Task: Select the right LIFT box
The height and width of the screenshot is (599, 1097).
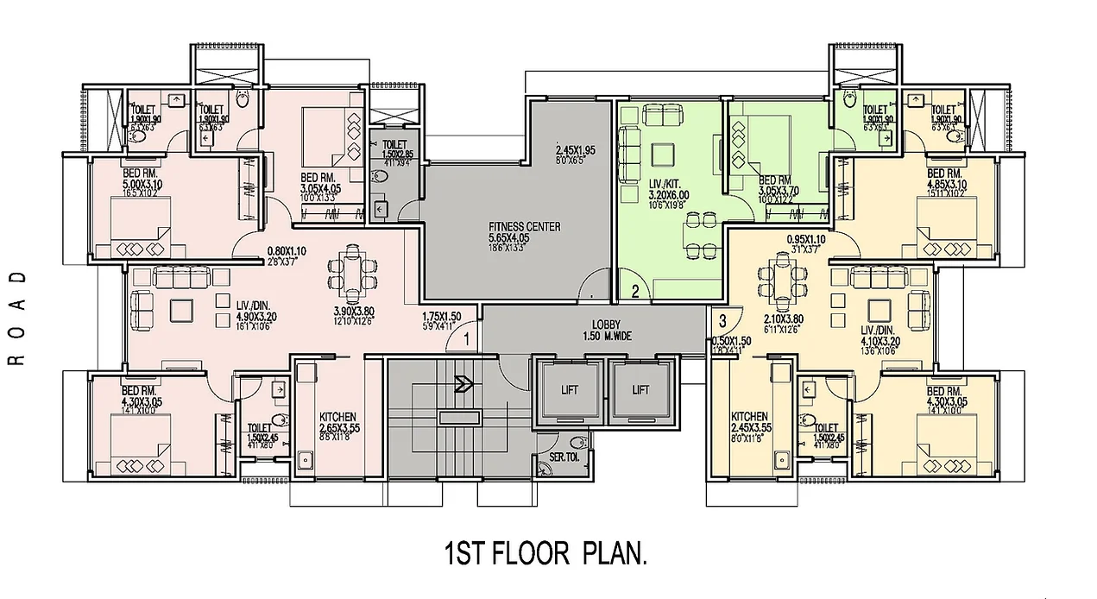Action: (x=640, y=390)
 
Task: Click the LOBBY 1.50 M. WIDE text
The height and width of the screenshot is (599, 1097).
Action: (x=608, y=330)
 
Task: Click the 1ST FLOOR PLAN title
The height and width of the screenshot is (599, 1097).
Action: (x=545, y=552)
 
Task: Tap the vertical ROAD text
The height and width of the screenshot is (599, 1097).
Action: (x=17, y=318)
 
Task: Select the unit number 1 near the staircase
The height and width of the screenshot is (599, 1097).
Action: (x=465, y=339)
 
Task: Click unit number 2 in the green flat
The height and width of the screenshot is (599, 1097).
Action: (x=634, y=292)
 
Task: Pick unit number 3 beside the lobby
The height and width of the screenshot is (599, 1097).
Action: (x=723, y=320)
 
